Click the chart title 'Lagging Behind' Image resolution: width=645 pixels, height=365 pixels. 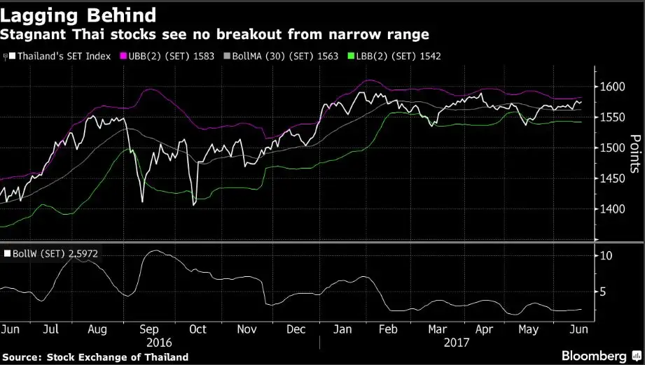pyautogui.click(x=78, y=13)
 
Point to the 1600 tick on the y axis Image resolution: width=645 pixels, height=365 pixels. pyautogui.click(x=612, y=87)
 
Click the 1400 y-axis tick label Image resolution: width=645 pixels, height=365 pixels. pyautogui.click(x=612, y=209)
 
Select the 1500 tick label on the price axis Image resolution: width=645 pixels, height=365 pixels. pyautogui.click(x=612, y=148)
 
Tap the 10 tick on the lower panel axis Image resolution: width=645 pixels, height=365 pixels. pyautogui.click(x=606, y=256)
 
